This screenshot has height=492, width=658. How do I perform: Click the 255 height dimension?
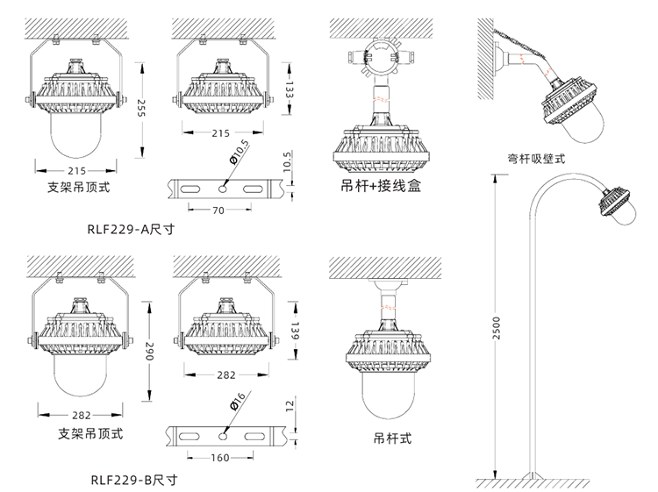140,108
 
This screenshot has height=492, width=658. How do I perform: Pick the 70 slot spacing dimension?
218,210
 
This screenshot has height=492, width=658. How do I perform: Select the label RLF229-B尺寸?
133,480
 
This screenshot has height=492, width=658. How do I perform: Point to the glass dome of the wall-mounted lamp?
585,126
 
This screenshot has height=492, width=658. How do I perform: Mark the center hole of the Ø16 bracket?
225,434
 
